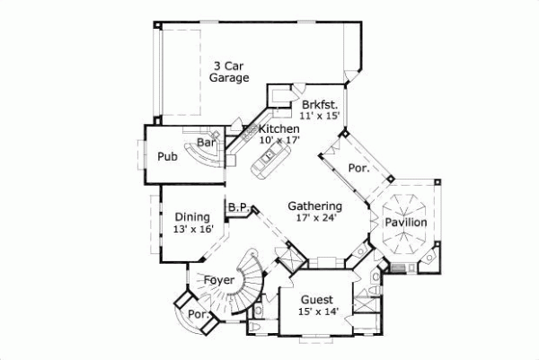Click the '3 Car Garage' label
228,71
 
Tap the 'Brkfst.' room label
320,104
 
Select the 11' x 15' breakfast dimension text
320,116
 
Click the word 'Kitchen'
278,129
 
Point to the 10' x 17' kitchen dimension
278,140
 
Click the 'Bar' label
206,142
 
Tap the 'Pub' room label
167,156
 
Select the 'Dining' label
192,216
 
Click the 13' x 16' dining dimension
193,228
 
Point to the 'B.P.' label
237,206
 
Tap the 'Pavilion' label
406,223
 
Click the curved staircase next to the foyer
250,274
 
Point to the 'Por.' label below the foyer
197,315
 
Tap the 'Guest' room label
316,300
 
